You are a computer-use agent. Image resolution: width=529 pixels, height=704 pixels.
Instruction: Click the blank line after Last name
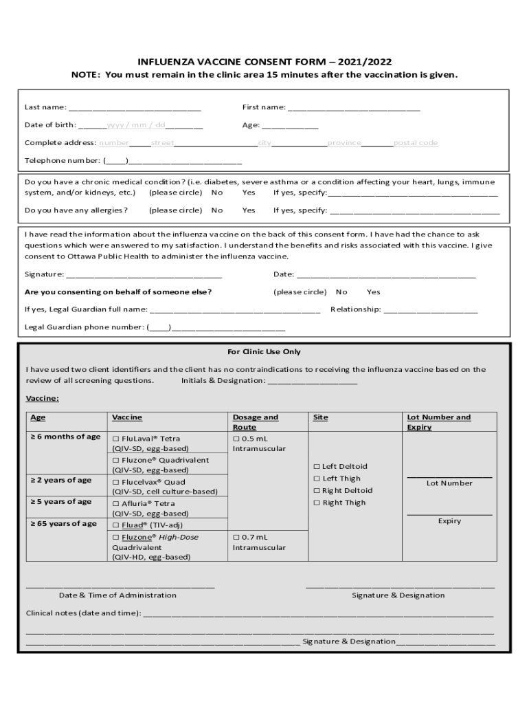coord(135,108)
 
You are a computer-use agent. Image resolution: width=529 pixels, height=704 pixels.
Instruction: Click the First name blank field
coord(354,108)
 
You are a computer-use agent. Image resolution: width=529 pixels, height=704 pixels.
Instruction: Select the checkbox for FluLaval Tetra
coord(115,438)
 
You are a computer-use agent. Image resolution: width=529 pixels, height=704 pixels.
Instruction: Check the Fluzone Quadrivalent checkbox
coord(115,460)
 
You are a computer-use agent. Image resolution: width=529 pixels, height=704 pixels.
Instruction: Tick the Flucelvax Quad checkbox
coord(115,482)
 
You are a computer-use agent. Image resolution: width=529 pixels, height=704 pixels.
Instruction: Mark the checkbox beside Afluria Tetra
coord(115,503)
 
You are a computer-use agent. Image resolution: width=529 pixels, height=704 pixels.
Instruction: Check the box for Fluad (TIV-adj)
coord(115,525)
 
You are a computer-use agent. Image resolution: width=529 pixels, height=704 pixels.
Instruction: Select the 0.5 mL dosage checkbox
coord(236,438)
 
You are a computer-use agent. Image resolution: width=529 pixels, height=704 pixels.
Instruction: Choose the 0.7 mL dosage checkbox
coord(236,536)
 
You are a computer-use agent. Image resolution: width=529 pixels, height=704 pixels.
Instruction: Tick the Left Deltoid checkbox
coord(317,466)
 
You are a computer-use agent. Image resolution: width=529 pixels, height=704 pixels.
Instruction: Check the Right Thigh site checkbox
coord(317,503)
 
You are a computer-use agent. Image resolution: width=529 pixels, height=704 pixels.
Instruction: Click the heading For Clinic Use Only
coord(264,351)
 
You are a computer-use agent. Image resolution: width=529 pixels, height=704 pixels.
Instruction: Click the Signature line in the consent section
coord(144,275)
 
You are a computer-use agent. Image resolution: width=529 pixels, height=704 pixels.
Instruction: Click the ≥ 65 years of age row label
coord(64,523)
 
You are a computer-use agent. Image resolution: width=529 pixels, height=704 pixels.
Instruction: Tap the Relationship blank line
coord(430,310)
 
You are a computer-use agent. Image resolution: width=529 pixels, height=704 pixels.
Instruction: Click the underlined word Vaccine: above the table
coord(43,398)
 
